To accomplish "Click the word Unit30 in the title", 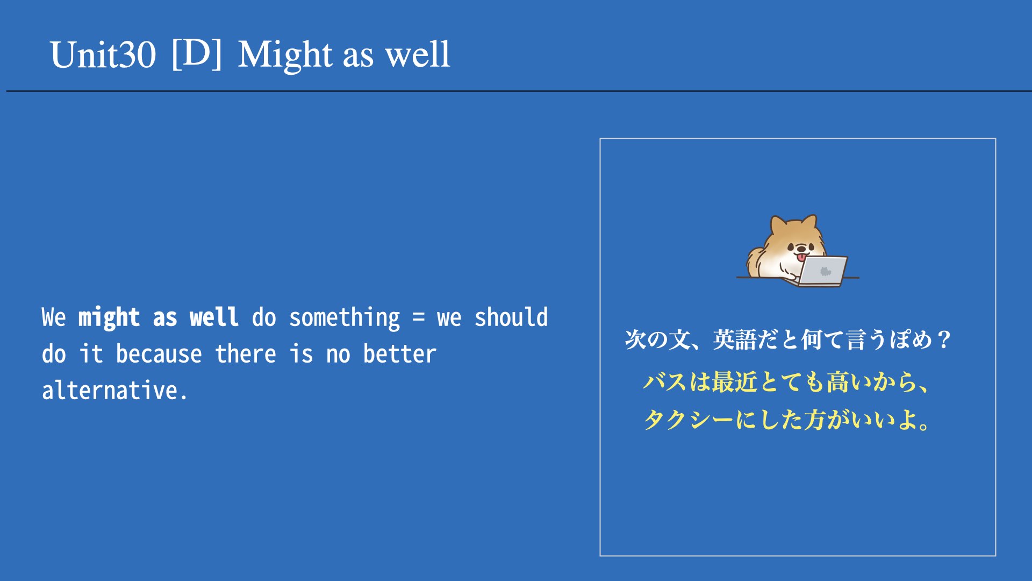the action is tap(103, 55).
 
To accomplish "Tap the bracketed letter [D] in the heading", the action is tap(197, 54).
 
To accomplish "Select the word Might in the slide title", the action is tap(285, 55).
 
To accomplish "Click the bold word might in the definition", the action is tap(109, 317).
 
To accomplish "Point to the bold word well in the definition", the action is tap(214, 317).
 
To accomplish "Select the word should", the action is tap(511, 317).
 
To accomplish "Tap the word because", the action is tap(159, 353).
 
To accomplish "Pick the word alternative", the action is tap(115, 390).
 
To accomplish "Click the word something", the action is tap(345, 318).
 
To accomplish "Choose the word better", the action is tap(399, 353).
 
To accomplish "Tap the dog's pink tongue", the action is tap(801, 258).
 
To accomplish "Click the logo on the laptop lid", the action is tap(826, 271).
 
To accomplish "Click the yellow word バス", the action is tap(665, 382).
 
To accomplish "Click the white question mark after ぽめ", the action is tap(944, 340).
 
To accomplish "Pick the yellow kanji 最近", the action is tap(734, 382).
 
